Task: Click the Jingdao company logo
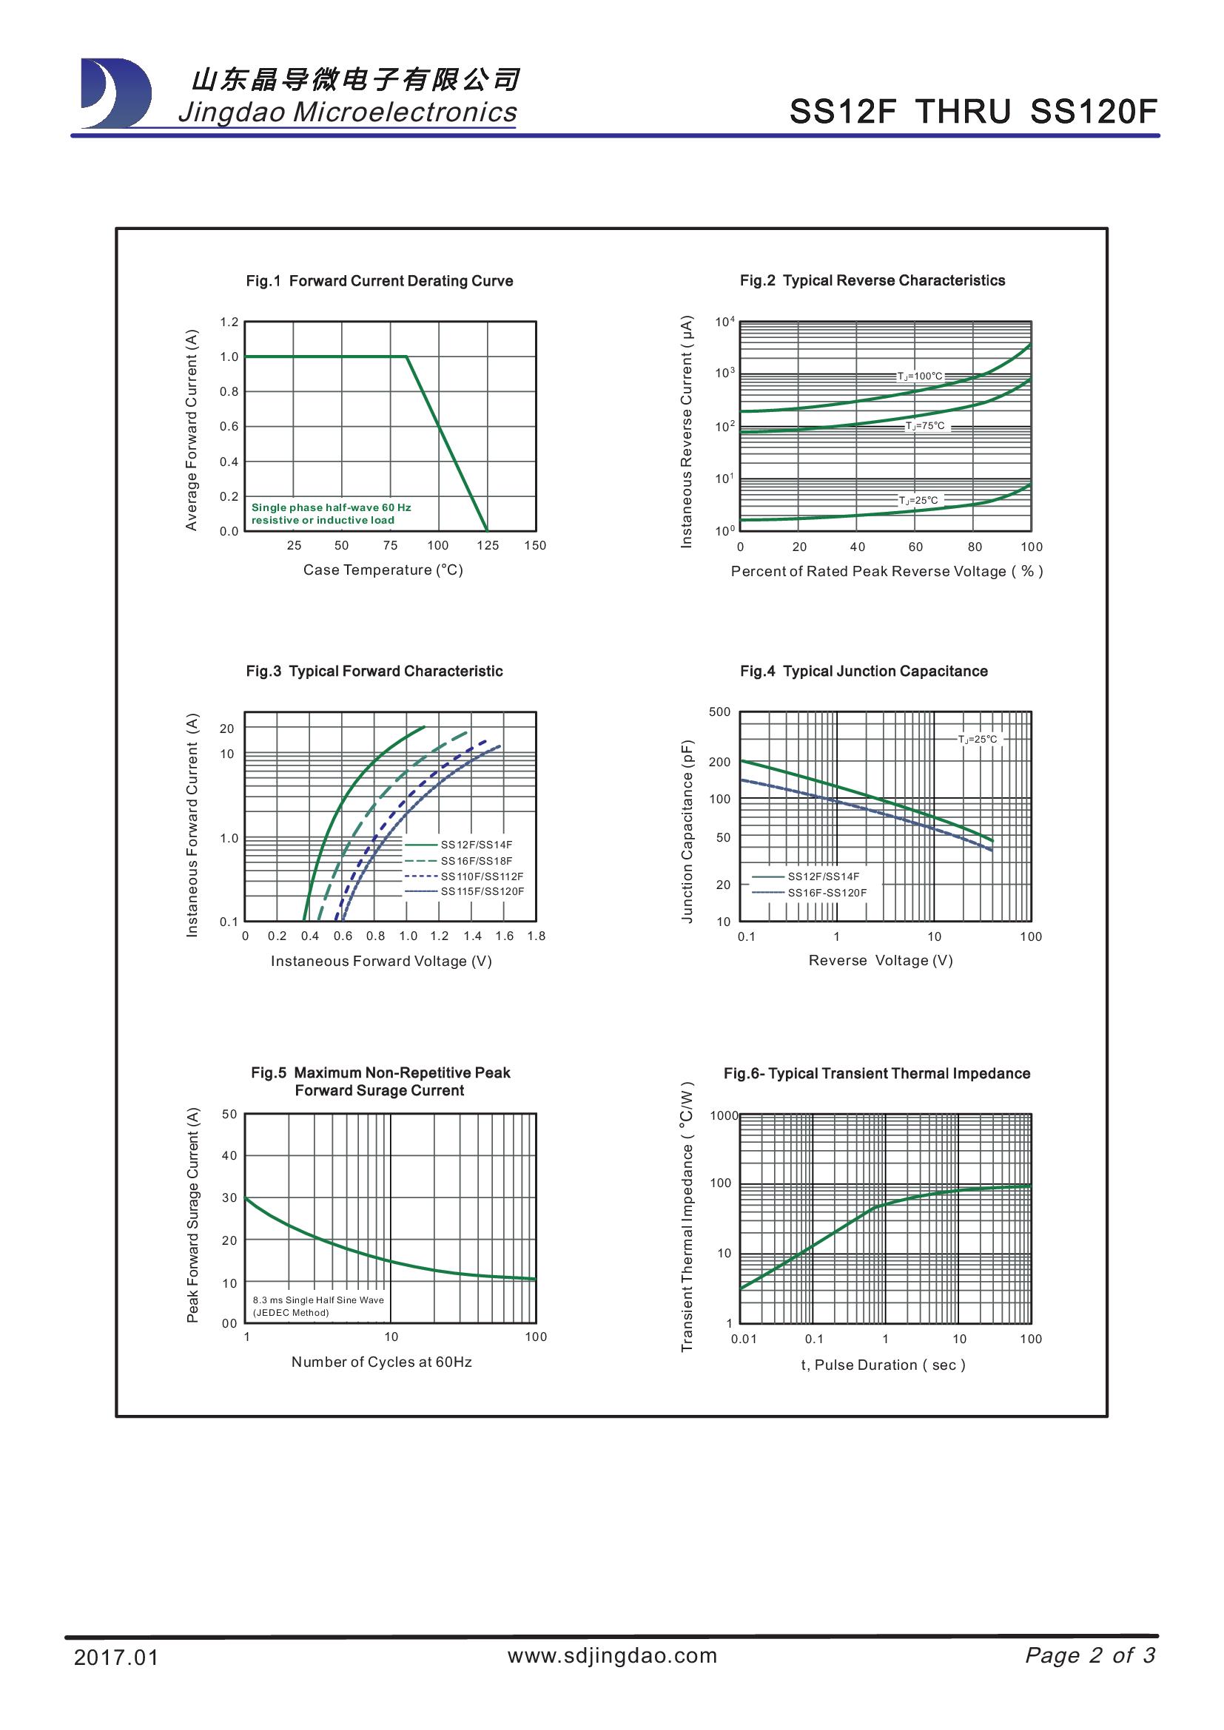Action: [115, 92]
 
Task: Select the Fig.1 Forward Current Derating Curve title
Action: [379, 281]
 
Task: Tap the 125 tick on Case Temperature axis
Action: [488, 546]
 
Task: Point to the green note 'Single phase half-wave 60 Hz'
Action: [331, 507]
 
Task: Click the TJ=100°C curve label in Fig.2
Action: [919, 376]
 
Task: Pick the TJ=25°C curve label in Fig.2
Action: [919, 500]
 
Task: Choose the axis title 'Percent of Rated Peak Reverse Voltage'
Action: [887, 571]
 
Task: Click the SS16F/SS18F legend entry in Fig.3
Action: [477, 860]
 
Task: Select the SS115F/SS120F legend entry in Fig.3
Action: [482, 891]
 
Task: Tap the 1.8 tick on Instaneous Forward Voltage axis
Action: [536, 936]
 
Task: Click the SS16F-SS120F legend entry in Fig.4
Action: [827, 893]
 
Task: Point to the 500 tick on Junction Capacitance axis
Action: [720, 712]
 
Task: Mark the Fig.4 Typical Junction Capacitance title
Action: [864, 672]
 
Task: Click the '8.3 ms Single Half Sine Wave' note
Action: [318, 1300]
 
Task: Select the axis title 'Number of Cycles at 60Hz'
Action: [381, 1362]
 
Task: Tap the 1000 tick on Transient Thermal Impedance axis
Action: [724, 1115]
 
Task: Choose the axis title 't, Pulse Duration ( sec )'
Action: [883, 1365]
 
